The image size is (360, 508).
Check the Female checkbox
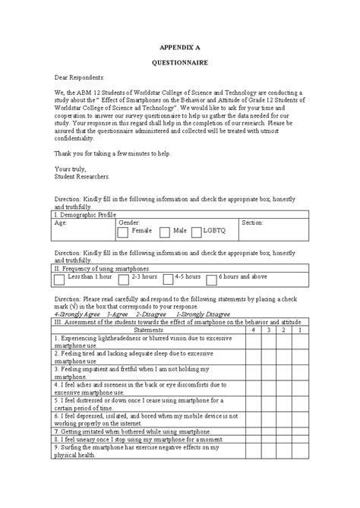point(124,231)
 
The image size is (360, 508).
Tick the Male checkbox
point(165,231)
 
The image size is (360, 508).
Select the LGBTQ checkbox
point(197,231)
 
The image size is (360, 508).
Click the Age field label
point(61,223)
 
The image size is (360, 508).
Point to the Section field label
point(252,223)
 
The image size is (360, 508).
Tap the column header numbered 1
point(300,330)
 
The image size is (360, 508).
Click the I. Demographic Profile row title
point(85,215)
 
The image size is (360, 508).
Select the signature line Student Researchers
point(82,175)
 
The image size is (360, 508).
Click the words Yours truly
point(70,168)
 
